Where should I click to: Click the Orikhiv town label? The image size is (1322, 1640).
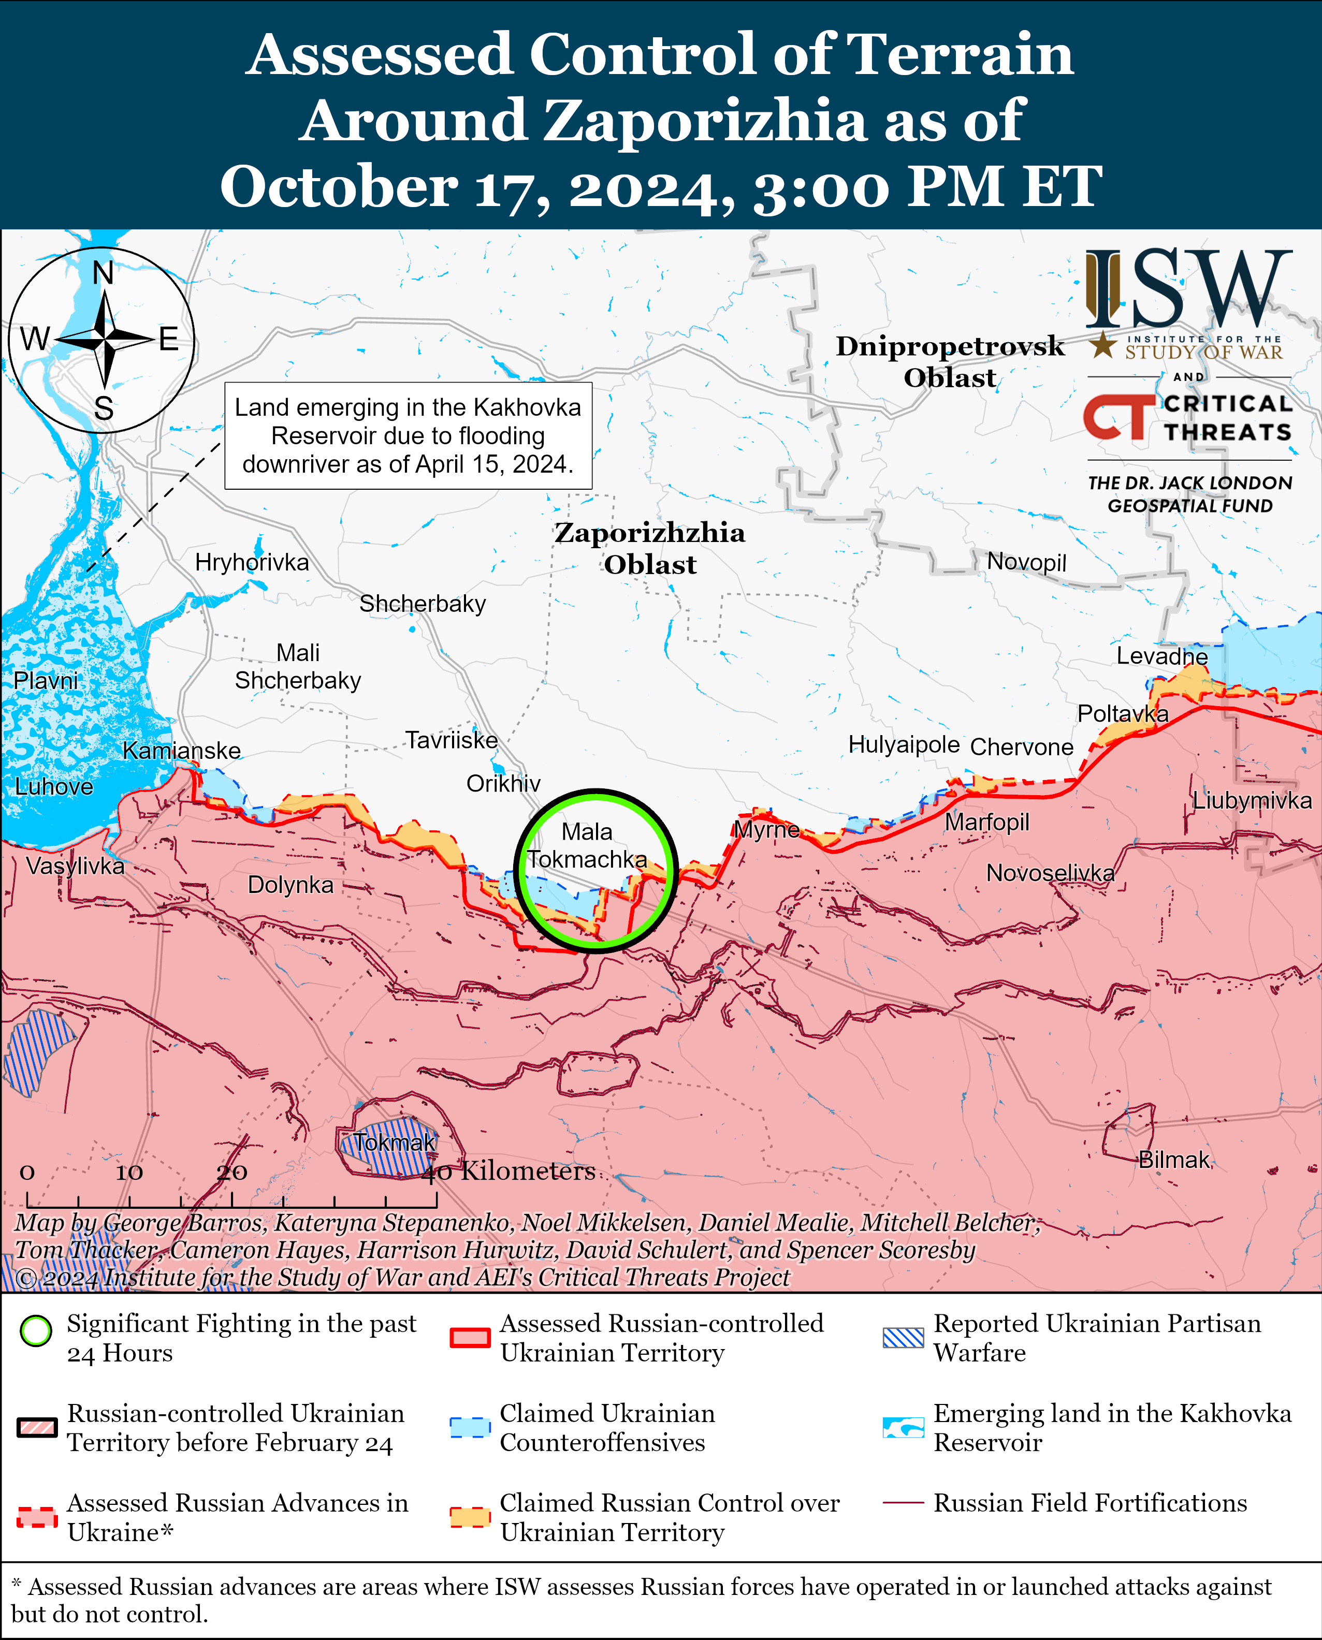tap(503, 783)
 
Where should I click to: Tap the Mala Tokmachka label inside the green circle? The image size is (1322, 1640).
tap(587, 846)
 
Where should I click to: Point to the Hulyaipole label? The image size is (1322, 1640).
tap(904, 744)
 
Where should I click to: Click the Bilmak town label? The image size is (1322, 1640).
tap(1173, 1160)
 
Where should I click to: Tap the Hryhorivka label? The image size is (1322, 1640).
tap(252, 563)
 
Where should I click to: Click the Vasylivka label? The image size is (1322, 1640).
tap(75, 866)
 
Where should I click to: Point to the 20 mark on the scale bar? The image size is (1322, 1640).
tap(231, 1173)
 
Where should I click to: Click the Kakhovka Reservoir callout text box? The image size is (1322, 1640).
tap(408, 435)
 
